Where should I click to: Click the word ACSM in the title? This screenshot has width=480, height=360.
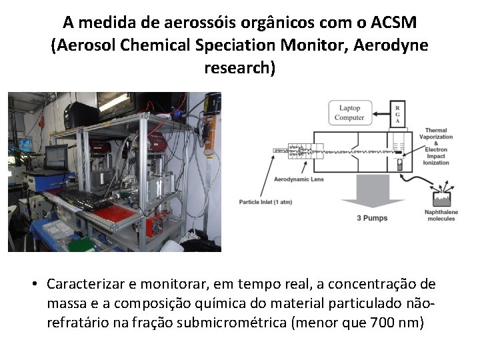[x=392, y=23]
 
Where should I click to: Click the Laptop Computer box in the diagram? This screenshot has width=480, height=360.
[x=349, y=113]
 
